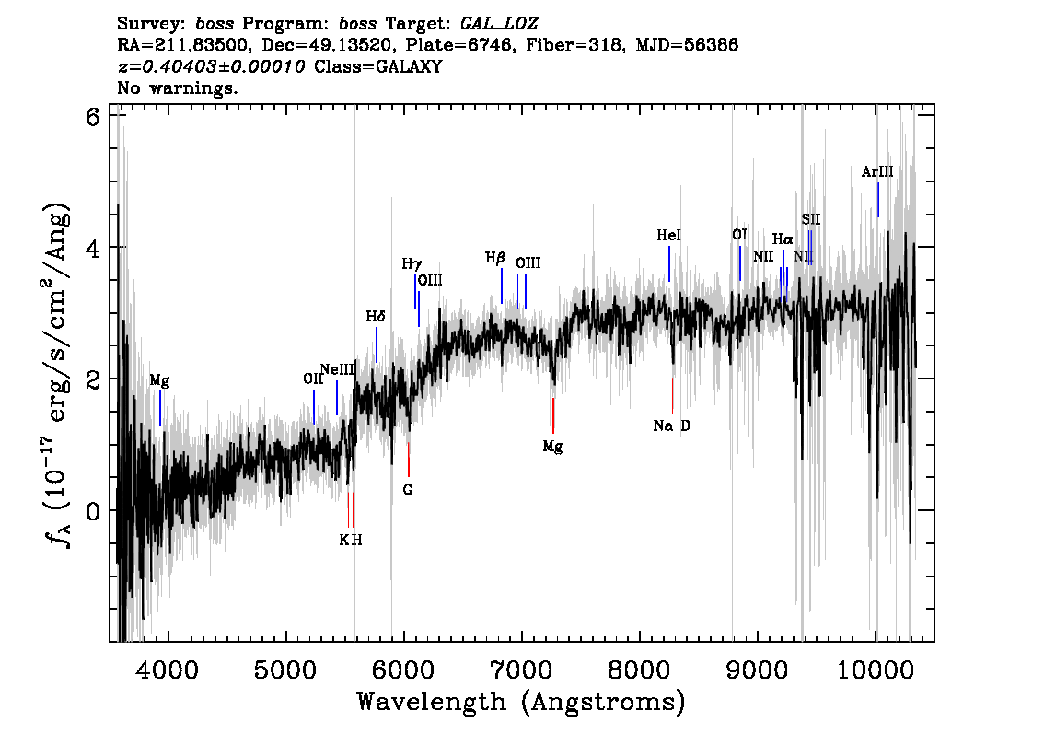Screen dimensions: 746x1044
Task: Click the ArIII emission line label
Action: pyautogui.click(x=877, y=171)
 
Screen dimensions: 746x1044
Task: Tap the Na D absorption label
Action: pyautogui.click(x=671, y=425)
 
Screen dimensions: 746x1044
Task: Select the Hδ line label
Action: pyautogui.click(x=376, y=317)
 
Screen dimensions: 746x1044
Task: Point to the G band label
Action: pyautogui.click(x=408, y=490)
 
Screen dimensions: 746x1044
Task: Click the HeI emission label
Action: pyautogui.click(x=669, y=236)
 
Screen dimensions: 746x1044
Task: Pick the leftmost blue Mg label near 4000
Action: pyautogui.click(x=160, y=380)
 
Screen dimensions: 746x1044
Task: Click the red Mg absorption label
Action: pyautogui.click(x=552, y=447)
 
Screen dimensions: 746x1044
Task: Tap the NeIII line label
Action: pyautogui.click(x=337, y=370)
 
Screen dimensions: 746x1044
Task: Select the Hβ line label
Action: pyautogui.click(x=495, y=258)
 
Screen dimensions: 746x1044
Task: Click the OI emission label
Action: pyautogui.click(x=739, y=235)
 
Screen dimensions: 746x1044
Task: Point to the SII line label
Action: pyautogui.click(x=810, y=219)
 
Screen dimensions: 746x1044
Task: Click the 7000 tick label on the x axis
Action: pyautogui.click(x=522, y=666)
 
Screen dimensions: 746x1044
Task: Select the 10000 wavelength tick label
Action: pyautogui.click(x=876, y=666)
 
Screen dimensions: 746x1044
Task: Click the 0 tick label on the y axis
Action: pyautogui.click(x=90, y=511)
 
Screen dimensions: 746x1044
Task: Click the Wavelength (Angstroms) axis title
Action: pyautogui.click(x=521, y=702)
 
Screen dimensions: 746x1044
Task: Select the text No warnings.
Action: pyautogui.click(x=178, y=88)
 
